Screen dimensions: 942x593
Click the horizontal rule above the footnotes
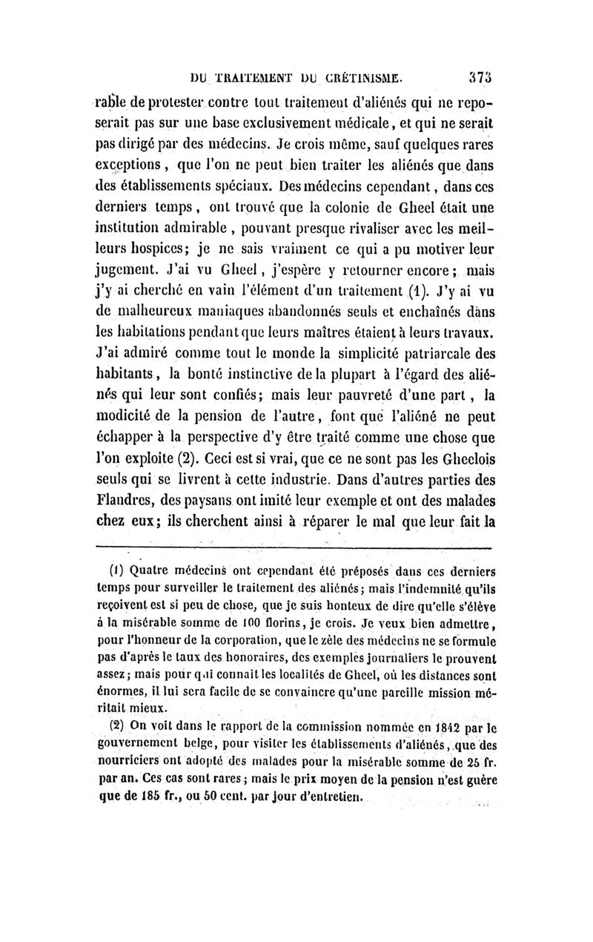pos(294,549)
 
